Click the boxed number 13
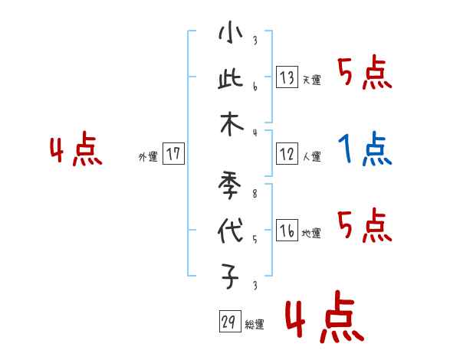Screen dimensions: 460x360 point(287,77)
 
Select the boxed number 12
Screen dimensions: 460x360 point(287,154)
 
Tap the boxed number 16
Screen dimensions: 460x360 point(287,231)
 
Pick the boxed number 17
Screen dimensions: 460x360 point(173,154)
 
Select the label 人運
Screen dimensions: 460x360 point(311,157)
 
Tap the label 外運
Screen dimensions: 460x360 point(148,157)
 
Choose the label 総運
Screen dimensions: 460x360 point(255,325)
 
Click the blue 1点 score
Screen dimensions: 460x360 point(365,149)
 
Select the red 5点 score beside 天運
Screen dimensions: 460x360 point(365,74)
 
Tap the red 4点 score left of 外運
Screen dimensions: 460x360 point(76,151)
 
